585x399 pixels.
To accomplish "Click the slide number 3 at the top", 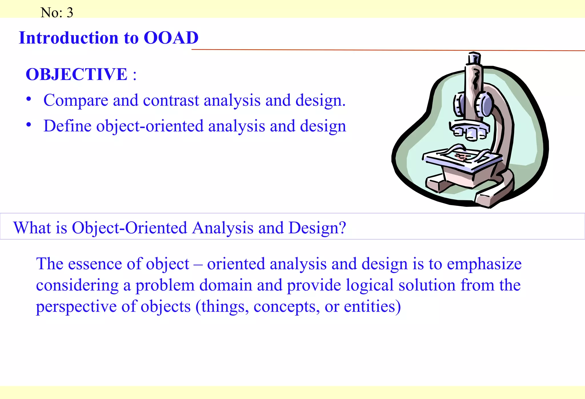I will (x=70, y=13).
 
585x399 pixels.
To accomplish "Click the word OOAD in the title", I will (x=171, y=38).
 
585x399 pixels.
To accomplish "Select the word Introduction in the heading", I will (x=69, y=38).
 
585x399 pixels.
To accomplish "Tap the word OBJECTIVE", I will (x=77, y=74).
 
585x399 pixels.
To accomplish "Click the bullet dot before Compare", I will (x=29, y=99).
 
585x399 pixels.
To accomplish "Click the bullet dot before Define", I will (x=29, y=125).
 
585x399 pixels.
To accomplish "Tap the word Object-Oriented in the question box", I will (x=129, y=228).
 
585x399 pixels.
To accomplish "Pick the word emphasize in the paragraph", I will (x=484, y=264).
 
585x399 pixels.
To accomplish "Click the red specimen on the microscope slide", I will (x=460, y=157).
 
